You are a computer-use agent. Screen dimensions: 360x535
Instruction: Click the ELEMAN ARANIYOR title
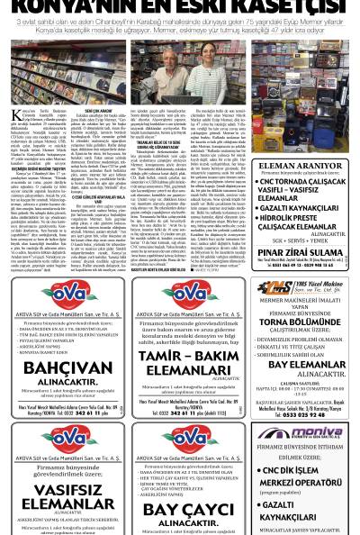[303, 166]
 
